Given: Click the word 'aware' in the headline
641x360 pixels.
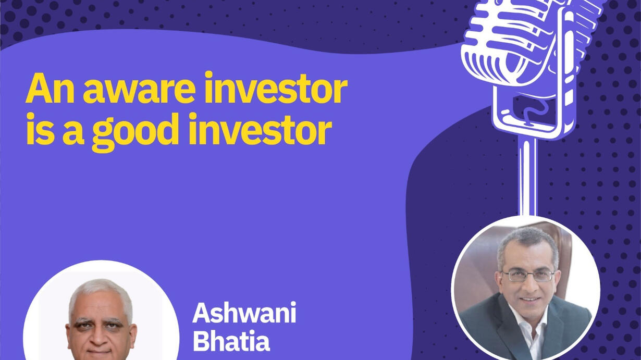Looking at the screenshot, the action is [x=139, y=89].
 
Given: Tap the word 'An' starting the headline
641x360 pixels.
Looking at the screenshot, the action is [x=50, y=88].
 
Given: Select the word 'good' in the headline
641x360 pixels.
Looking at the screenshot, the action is [x=135, y=131].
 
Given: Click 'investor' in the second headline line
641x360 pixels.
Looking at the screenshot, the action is [x=261, y=129].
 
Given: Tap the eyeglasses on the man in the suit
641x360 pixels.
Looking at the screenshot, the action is [x=528, y=275].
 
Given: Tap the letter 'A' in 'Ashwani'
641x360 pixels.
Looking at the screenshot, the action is [x=203, y=313].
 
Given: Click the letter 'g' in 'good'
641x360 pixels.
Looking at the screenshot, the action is [x=103, y=134].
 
